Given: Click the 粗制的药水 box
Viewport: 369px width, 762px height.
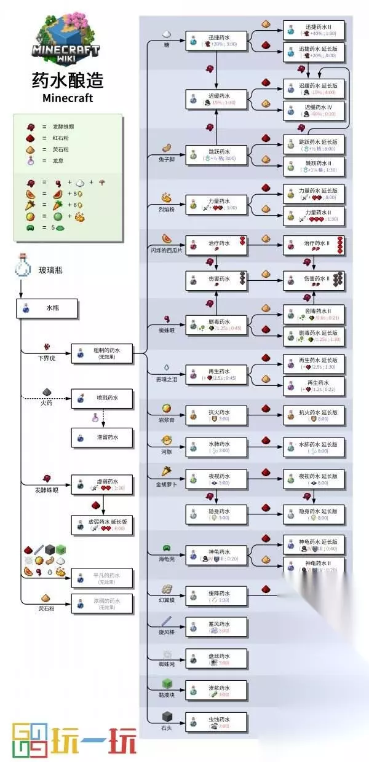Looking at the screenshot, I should [102, 353].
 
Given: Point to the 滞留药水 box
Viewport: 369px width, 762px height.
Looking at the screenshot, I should [102, 438].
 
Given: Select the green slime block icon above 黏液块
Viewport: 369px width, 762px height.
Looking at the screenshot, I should [166, 684].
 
